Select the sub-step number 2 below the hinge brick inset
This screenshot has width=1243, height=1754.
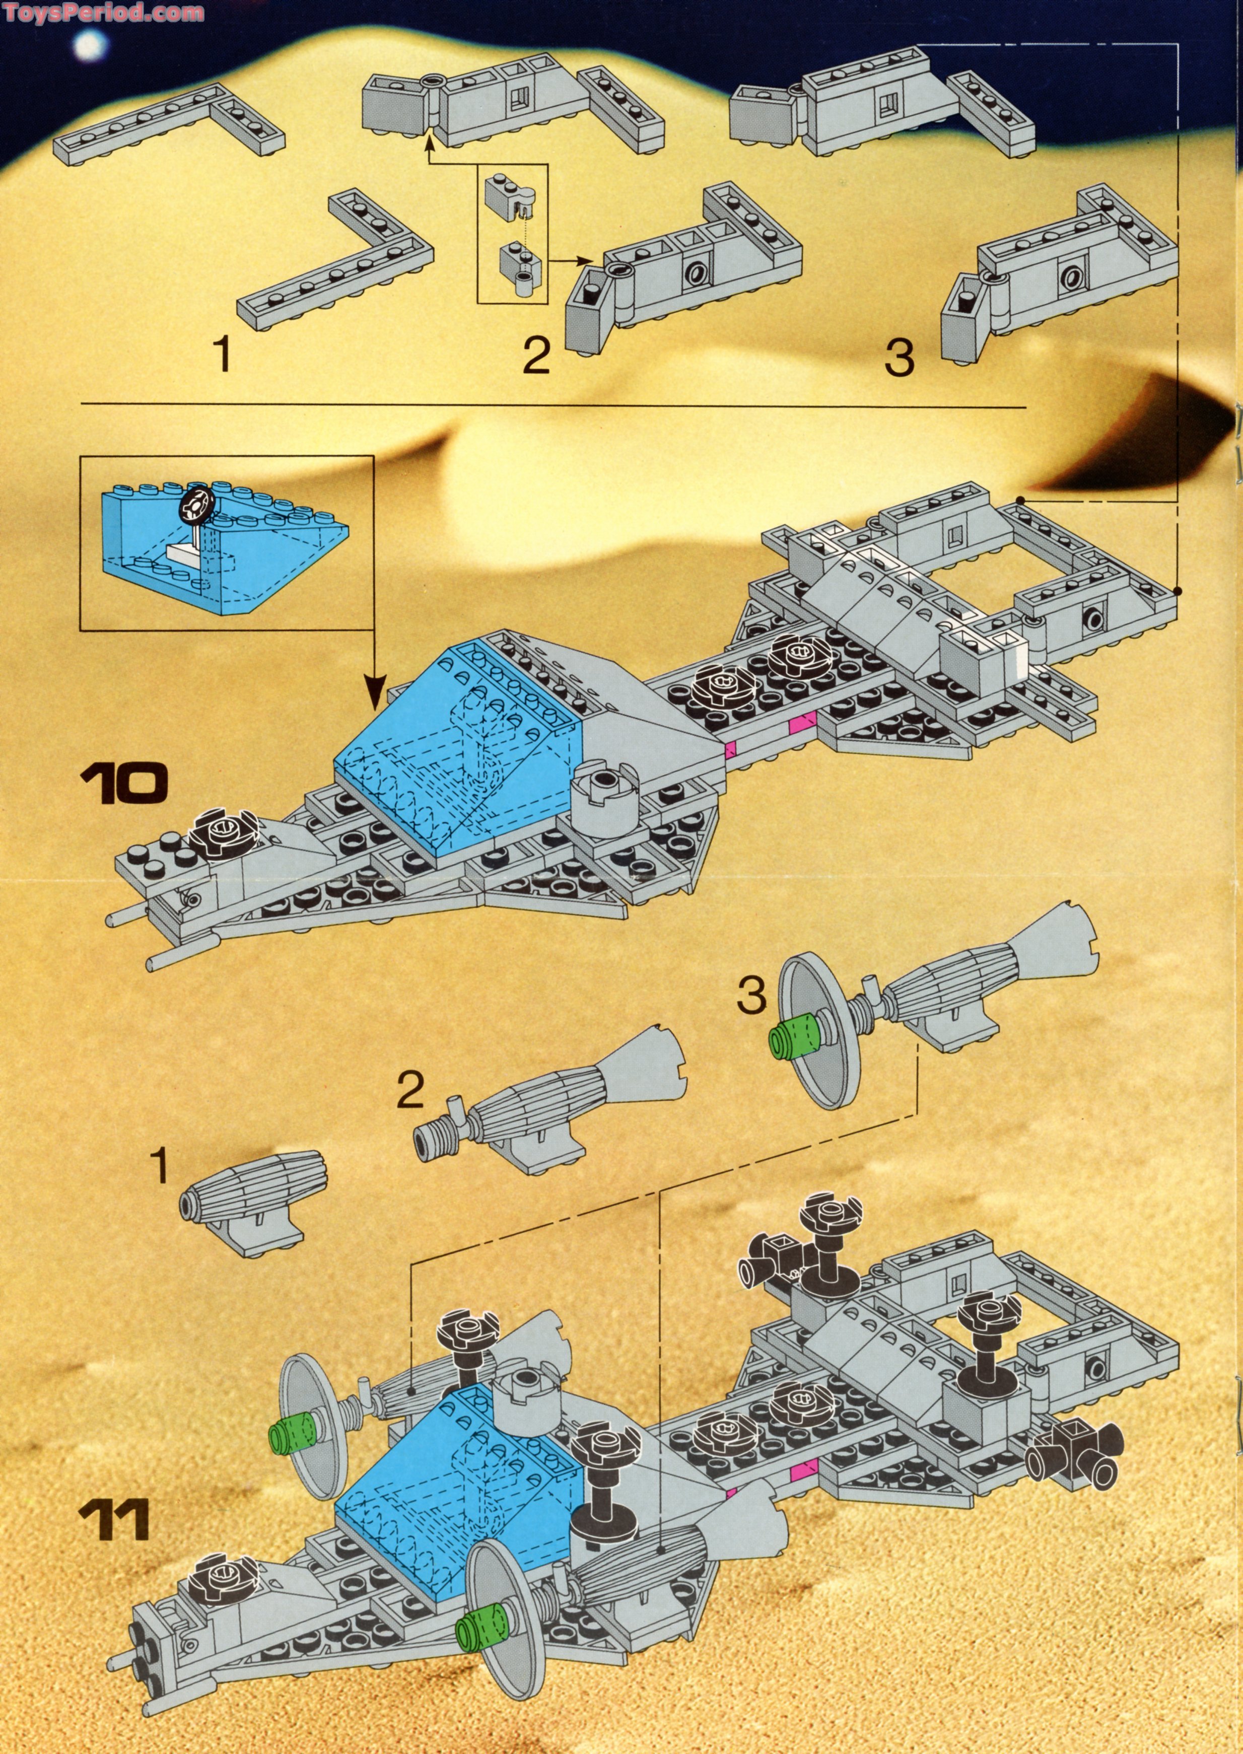pyautogui.click(x=536, y=357)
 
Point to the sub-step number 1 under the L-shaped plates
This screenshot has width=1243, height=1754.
pyautogui.click(x=223, y=357)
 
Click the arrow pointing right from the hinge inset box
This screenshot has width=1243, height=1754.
pyautogui.click(x=573, y=262)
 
